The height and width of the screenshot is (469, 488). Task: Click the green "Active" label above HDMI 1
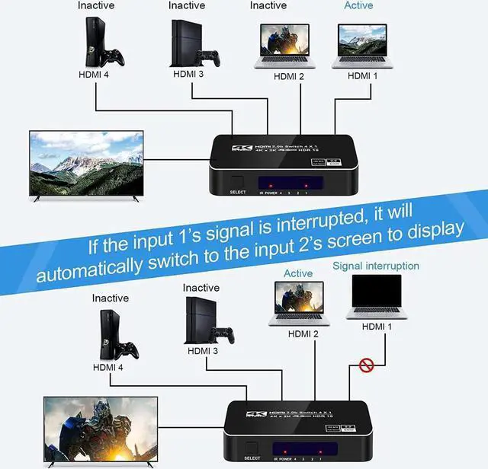pyautogui.click(x=358, y=6)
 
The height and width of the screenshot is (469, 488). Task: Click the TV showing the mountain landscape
pyautogui.click(x=85, y=164)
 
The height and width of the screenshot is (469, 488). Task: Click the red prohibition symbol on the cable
pyautogui.click(x=367, y=365)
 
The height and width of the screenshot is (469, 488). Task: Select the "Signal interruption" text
pyautogui.click(x=376, y=266)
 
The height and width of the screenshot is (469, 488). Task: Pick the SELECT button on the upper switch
pyautogui.click(x=237, y=183)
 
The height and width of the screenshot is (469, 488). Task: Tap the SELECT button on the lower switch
pyautogui.click(x=252, y=450)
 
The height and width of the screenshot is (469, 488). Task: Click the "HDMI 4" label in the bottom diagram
pyautogui.click(x=108, y=367)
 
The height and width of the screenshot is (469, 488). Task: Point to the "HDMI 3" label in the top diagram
pyautogui.click(x=188, y=75)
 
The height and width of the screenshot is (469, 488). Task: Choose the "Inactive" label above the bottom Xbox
pyautogui.click(x=110, y=298)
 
